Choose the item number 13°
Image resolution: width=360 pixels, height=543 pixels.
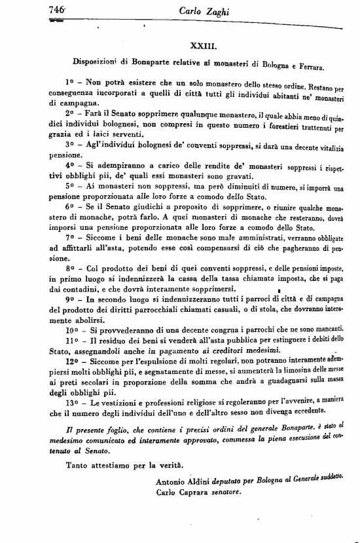73,400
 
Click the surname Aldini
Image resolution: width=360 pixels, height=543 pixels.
207,481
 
